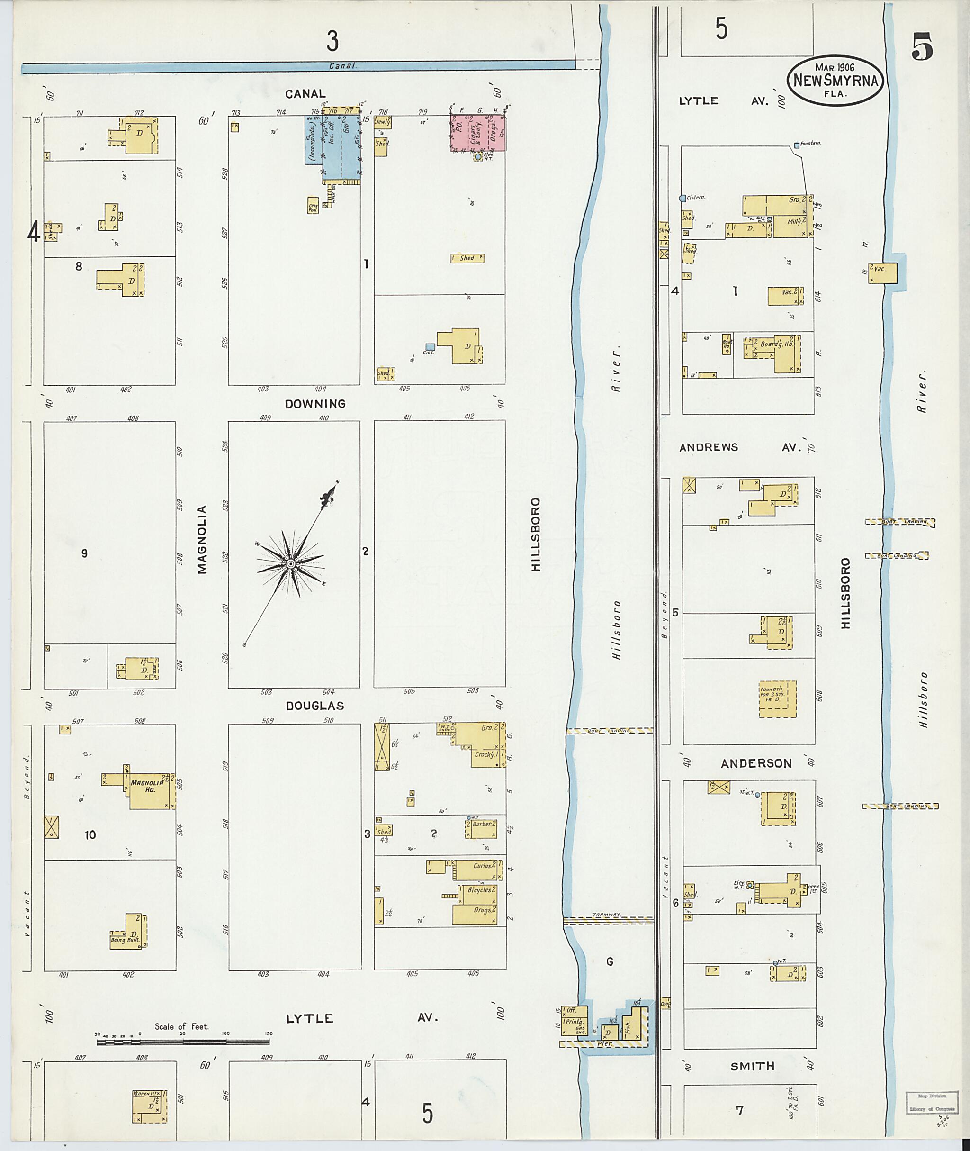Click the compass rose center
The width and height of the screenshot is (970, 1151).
(x=290, y=564)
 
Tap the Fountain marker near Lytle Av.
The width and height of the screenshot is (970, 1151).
(x=797, y=145)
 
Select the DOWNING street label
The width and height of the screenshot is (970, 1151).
(x=315, y=404)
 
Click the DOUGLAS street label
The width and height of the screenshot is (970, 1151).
(x=314, y=706)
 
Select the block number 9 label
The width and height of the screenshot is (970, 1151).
(x=84, y=553)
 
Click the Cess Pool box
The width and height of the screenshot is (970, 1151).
(x=313, y=205)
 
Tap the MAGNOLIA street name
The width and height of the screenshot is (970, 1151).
(x=202, y=539)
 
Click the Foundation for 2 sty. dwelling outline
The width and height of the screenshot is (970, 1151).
(x=777, y=699)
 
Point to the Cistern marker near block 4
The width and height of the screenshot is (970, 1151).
(x=683, y=198)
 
